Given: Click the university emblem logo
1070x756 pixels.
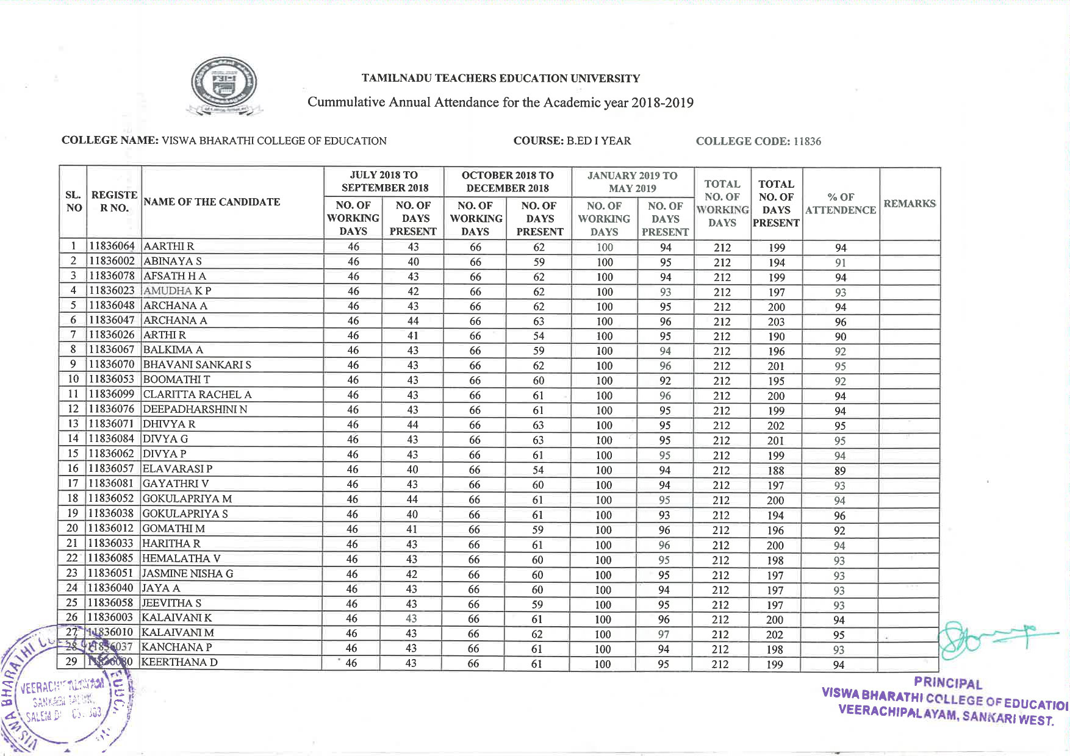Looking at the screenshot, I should [x=224, y=86].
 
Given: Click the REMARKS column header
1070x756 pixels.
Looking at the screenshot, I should [x=909, y=204].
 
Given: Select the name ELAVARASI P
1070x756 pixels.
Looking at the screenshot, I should [x=177, y=469].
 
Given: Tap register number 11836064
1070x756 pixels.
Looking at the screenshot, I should [x=112, y=246].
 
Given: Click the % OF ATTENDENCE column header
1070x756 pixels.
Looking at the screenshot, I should [x=840, y=204].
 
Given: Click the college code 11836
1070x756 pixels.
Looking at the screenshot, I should [x=806, y=141].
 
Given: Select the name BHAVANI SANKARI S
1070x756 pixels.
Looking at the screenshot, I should [x=196, y=365].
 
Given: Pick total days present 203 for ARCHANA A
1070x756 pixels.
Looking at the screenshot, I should [x=776, y=322].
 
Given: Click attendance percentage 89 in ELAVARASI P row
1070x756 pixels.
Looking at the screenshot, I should [x=840, y=471].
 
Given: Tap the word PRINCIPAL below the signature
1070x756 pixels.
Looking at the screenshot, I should [x=947, y=683].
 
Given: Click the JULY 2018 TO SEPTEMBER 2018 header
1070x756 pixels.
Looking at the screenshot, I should [x=384, y=182].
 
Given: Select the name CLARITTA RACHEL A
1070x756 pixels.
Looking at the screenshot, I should [x=196, y=394].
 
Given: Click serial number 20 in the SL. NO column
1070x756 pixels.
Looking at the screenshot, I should [x=73, y=529].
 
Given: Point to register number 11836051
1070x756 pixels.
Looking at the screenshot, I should [x=110, y=573].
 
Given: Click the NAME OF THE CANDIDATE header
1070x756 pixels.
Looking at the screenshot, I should [x=212, y=202].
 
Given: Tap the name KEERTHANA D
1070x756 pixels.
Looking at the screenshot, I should [x=179, y=662].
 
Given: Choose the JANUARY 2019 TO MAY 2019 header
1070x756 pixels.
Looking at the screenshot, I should [x=632, y=182].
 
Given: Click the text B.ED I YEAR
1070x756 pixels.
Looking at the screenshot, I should [x=598, y=141].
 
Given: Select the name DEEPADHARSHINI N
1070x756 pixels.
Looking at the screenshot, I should [x=195, y=409].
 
